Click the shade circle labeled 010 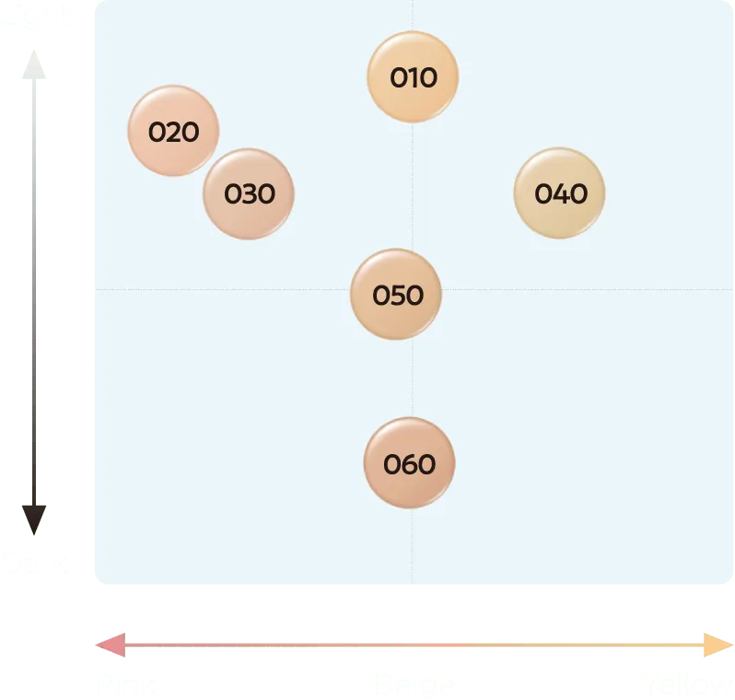click(x=413, y=76)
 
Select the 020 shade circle click(x=173, y=131)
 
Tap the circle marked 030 click(x=249, y=193)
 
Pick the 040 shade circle click(x=559, y=192)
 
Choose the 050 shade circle click(x=396, y=295)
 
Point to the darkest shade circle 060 click(x=409, y=462)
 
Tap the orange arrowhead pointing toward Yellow click(x=717, y=646)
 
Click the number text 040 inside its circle click(x=560, y=193)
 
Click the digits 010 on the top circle click(x=413, y=78)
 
